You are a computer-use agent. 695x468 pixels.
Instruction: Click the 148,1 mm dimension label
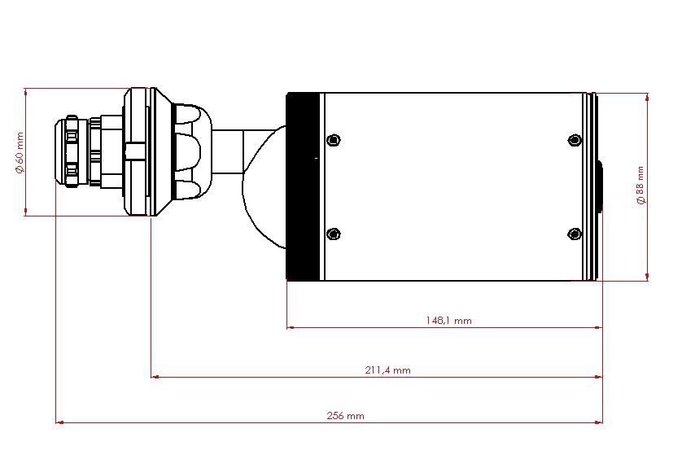pyautogui.click(x=448, y=321)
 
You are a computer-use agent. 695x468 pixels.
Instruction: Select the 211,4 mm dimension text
pyautogui.click(x=388, y=370)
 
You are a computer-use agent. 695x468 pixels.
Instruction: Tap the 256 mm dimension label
pyautogui.click(x=345, y=416)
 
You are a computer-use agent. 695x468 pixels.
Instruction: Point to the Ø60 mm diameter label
pyautogui.click(x=20, y=153)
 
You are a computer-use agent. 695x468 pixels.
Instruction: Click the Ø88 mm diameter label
pyautogui.click(x=640, y=186)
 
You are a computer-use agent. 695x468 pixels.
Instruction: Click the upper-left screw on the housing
pyautogui.click(x=334, y=140)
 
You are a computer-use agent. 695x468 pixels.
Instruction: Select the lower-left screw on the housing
pyautogui.click(x=334, y=234)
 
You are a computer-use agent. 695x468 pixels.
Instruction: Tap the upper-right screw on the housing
pyautogui.click(x=575, y=140)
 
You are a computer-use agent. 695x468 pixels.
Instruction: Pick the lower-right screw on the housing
pyautogui.click(x=575, y=234)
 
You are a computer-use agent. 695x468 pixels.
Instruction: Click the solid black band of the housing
pyautogui.click(x=304, y=186)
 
